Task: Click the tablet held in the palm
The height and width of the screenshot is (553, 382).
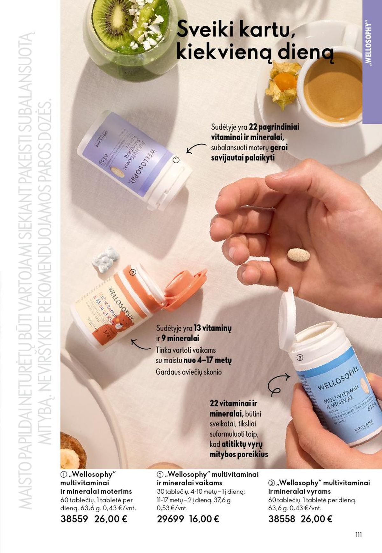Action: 298,255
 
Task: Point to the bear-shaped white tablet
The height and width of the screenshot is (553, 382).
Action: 106,260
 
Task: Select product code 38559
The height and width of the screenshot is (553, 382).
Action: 74,519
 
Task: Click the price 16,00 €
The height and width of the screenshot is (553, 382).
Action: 204,519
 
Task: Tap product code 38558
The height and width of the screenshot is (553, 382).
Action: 282,519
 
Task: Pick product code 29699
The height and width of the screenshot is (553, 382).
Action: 170,519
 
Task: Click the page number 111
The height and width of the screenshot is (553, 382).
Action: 358,535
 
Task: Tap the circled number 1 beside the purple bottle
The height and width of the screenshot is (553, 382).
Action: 176,160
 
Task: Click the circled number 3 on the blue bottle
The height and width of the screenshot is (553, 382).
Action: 300,357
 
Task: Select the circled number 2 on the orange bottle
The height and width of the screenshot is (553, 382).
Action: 133,272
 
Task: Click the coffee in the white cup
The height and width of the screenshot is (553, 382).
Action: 331,88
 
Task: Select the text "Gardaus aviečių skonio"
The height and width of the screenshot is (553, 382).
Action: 188,372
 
